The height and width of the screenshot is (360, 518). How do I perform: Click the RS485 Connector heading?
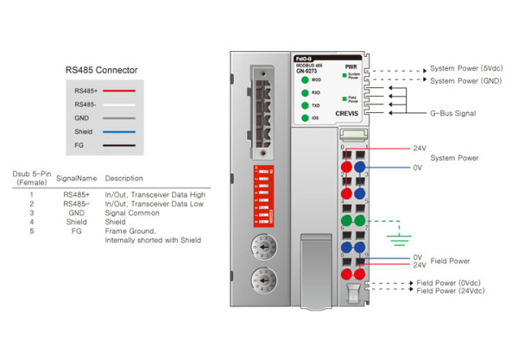[x=102, y=69]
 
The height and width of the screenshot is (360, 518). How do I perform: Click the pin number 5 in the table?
[x=31, y=231]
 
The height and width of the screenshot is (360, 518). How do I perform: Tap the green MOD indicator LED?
[x=304, y=79]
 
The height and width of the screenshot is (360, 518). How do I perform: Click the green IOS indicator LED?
[x=304, y=117]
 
